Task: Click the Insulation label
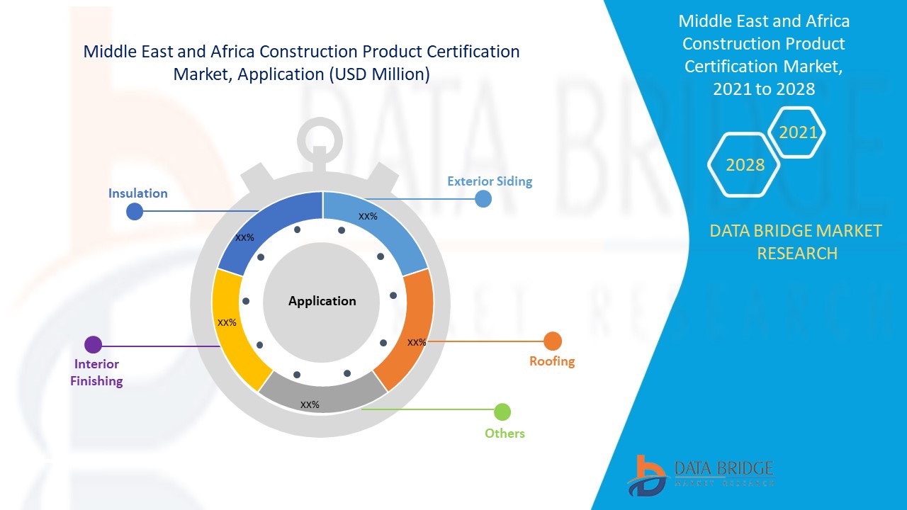click(x=137, y=193)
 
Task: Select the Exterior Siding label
click(x=490, y=181)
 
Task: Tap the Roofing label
click(x=552, y=361)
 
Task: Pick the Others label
click(x=505, y=433)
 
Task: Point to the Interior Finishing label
click(x=96, y=373)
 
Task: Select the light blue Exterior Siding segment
click(x=383, y=227)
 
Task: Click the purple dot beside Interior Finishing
click(x=93, y=345)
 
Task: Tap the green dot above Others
click(x=502, y=412)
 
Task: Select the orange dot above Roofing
click(x=553, y=341)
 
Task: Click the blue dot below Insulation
click(x=135, y=211)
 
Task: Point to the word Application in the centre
click(x=322, y=301)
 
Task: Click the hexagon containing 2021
click(x=798, y=132)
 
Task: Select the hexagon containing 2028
click(x=745, y=164)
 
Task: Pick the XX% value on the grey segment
click(x=310, y=405)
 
